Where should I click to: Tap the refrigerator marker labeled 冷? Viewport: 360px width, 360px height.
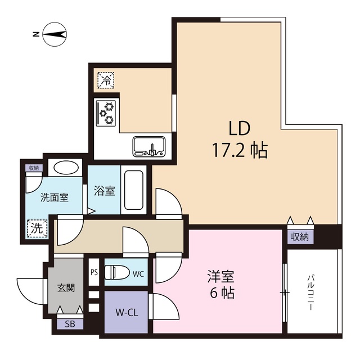coord(106,80)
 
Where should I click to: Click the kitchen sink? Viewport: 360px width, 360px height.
coord(148,146)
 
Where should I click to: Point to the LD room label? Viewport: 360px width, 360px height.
coord(238,128)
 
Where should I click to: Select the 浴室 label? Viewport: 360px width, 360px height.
coord(104,191)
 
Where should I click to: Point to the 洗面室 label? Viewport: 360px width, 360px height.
coord(54,197)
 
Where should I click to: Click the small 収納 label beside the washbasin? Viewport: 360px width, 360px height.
coord(34,168)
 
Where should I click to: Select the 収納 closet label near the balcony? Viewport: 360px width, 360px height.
coord(300,237)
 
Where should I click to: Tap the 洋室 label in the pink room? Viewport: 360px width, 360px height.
coord(220,277)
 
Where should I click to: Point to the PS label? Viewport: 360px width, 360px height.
coord(93,272)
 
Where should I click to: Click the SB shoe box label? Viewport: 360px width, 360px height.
coord(70,324)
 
